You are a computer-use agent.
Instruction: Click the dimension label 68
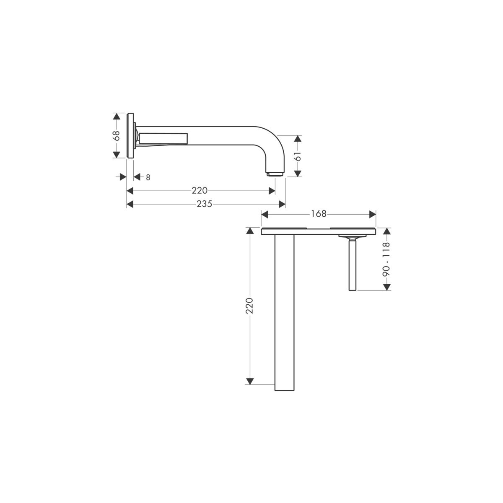click(x=117, y=135)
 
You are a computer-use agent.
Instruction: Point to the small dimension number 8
click(x=148, y=177)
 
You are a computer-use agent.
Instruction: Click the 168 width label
click(x=319, y=214)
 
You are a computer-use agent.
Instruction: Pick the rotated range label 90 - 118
click(x=386, y=259)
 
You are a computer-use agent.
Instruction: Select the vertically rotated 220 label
click(x=249, y=306)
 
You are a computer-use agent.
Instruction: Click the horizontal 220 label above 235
click(x=200, y=191)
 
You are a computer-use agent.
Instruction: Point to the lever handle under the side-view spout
click(x=163, y=138)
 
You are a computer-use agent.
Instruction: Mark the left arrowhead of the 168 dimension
click(x=264, y=214)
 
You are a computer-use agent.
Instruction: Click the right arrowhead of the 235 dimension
click(x=282, y=204)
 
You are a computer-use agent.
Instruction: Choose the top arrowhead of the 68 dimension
click(x=117, y=115)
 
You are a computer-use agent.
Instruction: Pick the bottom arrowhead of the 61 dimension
click(x=297, y=174)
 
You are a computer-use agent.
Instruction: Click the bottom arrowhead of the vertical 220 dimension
click(x=250, y=381)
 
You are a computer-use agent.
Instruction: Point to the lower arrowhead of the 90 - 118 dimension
click(x=386, y=286)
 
